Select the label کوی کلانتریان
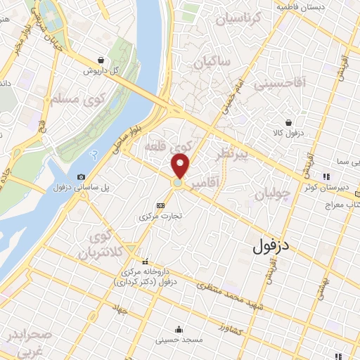(93, 244)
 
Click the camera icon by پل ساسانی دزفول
(82, 176)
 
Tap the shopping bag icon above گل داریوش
(103, 60)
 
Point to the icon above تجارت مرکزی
(162, 205)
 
